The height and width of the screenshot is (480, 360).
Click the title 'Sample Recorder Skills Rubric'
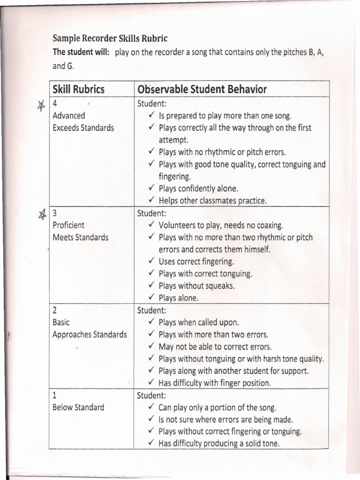point(110,38)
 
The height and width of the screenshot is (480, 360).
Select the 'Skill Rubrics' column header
point(79,89)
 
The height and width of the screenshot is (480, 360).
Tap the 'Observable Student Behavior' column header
point(202,89)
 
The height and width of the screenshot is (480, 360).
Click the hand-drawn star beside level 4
point(41,106)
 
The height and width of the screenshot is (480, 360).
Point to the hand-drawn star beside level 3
point(42,215)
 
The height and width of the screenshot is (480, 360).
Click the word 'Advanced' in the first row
point(69,115)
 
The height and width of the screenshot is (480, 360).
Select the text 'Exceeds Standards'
point(83,127)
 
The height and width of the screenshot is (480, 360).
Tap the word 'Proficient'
point(69,225)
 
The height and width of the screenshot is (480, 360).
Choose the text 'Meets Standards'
point(81,237)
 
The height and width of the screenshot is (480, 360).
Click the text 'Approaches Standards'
point(90,335)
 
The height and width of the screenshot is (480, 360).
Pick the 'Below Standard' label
point(78,407)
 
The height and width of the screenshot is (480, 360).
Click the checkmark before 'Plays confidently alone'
point(152,188)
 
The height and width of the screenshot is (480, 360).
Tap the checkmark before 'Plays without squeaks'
point(152,285)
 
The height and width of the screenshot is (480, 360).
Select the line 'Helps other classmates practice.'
point(212,201)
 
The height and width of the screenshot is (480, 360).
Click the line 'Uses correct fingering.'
point(196,262)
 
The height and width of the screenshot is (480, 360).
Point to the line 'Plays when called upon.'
point(199,322)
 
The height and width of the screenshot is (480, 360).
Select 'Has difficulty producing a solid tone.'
point(219,443)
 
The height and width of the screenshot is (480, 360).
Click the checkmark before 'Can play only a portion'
point(152,407)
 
